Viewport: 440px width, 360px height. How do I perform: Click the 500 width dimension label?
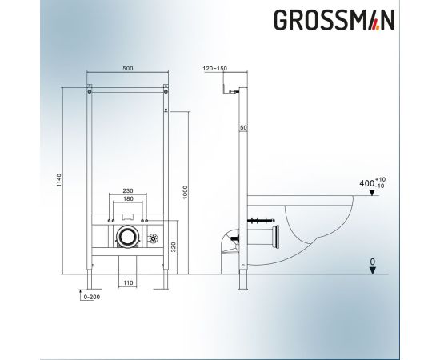coord(127,69)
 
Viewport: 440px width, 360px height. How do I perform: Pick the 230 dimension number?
coord(127,190)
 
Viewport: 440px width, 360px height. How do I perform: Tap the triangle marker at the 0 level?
coord(373,270)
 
